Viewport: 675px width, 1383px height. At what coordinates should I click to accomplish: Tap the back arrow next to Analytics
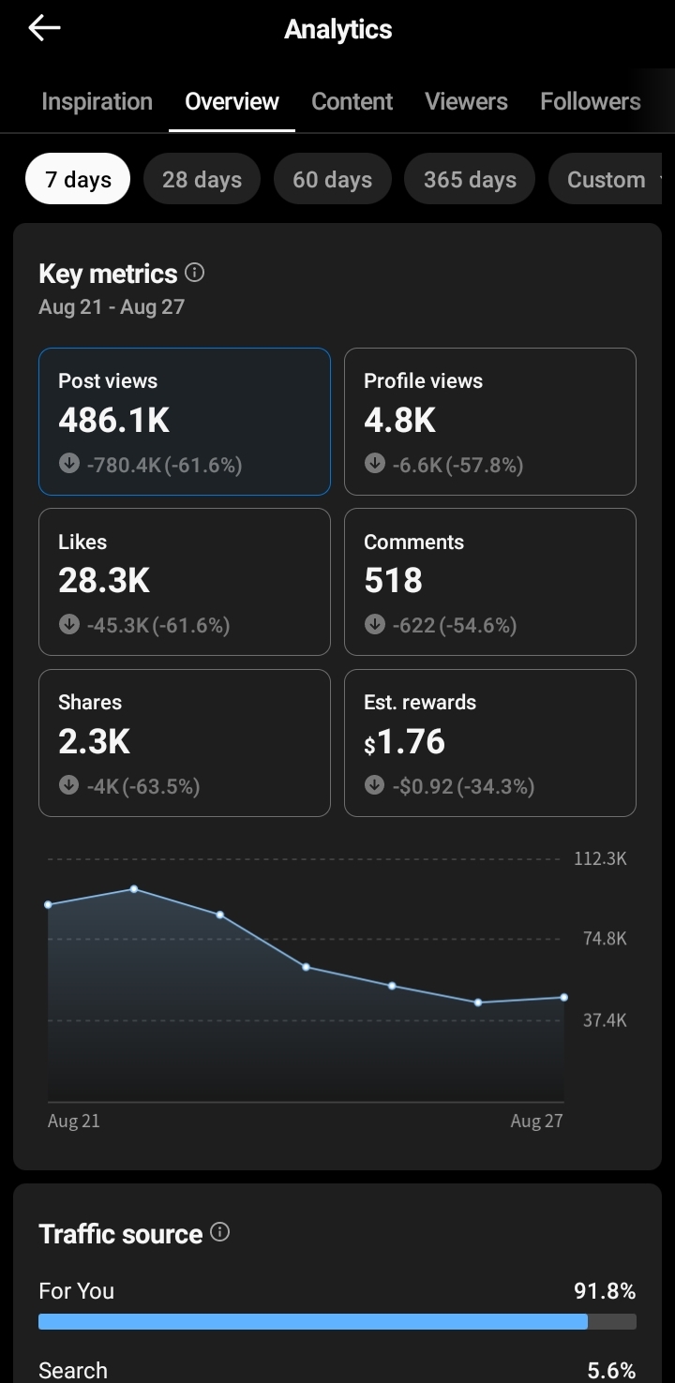tap(44, 28)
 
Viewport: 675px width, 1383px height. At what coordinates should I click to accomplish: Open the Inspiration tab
tap(97, 101)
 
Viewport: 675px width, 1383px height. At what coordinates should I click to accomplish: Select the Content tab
tap(352, 101)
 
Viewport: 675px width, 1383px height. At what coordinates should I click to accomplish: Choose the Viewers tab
tap(466, 101)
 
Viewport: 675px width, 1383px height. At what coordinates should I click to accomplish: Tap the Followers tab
tap(591, 101)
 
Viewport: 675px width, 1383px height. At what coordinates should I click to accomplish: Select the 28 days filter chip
tap(202, 179)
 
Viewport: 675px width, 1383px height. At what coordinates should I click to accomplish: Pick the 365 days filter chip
tap(470, 179)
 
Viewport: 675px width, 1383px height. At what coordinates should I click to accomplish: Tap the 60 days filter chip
tap(332, 179)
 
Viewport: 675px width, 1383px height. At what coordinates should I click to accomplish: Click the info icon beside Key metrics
tap(195, 273)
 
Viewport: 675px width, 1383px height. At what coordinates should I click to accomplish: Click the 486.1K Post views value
tap(113, 420)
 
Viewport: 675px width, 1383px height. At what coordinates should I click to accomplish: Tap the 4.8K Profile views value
tap(399, 420)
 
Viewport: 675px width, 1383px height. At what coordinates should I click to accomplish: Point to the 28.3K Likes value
tap(104, 580)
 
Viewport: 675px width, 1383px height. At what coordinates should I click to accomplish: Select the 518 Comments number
tap(394, 580)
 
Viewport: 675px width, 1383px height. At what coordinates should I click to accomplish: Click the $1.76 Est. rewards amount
tap(404, 741)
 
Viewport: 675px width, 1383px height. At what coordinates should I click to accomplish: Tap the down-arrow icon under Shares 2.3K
tap(68, 784)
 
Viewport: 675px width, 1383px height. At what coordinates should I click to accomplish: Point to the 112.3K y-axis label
tap(600, 859)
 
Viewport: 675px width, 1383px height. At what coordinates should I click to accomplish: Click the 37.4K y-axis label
tap(606, 1020)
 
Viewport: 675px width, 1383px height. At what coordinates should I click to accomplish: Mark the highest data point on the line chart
tap(134, 889)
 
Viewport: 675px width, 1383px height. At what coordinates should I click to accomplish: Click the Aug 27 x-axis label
tap(536, 1121)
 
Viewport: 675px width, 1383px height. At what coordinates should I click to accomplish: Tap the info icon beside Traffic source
tap(220, 1232)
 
